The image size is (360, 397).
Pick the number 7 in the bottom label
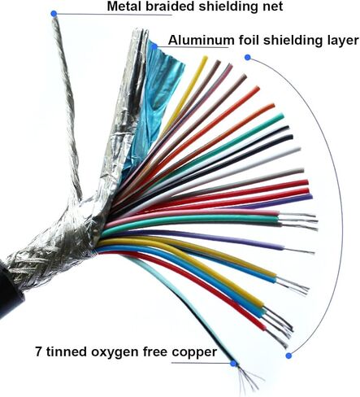coord(38,351)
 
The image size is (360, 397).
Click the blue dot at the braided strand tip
coord(54,13)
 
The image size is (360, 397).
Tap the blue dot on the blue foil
coord(154,46)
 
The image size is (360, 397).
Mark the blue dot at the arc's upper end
coord(247,57)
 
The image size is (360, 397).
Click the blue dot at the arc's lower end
coord(288,356)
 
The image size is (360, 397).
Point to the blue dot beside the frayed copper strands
coord(233,364)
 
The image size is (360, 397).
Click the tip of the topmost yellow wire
coord(205,58)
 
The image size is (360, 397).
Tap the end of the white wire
coord(298,149)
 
